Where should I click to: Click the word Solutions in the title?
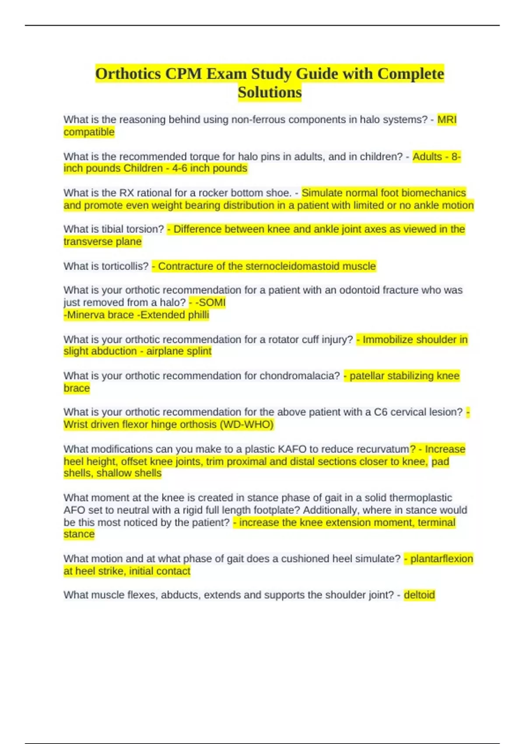point(269,92)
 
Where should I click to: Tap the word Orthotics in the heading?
point(128,74)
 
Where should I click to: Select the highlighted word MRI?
point(447,119)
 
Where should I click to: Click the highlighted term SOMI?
point(212,302)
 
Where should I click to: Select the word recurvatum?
point(383,449)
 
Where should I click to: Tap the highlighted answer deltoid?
point(419,595)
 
